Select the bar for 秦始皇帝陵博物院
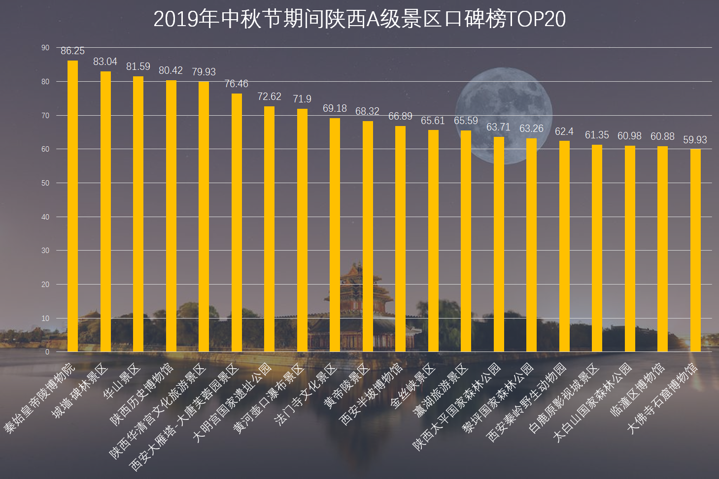coord(72,207)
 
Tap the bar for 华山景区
coord(138,214)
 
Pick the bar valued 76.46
coord(237,223)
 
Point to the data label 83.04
coord(105,62)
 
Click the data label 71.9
coord(302,99)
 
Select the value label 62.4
coord(564,131)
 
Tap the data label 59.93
coord(695,140)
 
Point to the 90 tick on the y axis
coord(45,48)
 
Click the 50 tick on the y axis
coord(45,183)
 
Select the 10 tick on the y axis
coord(45,319)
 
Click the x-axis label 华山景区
coord(122,382)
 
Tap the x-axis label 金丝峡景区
coord(413,386)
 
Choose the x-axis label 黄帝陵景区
coord(346,387)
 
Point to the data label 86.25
coord(72,51)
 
